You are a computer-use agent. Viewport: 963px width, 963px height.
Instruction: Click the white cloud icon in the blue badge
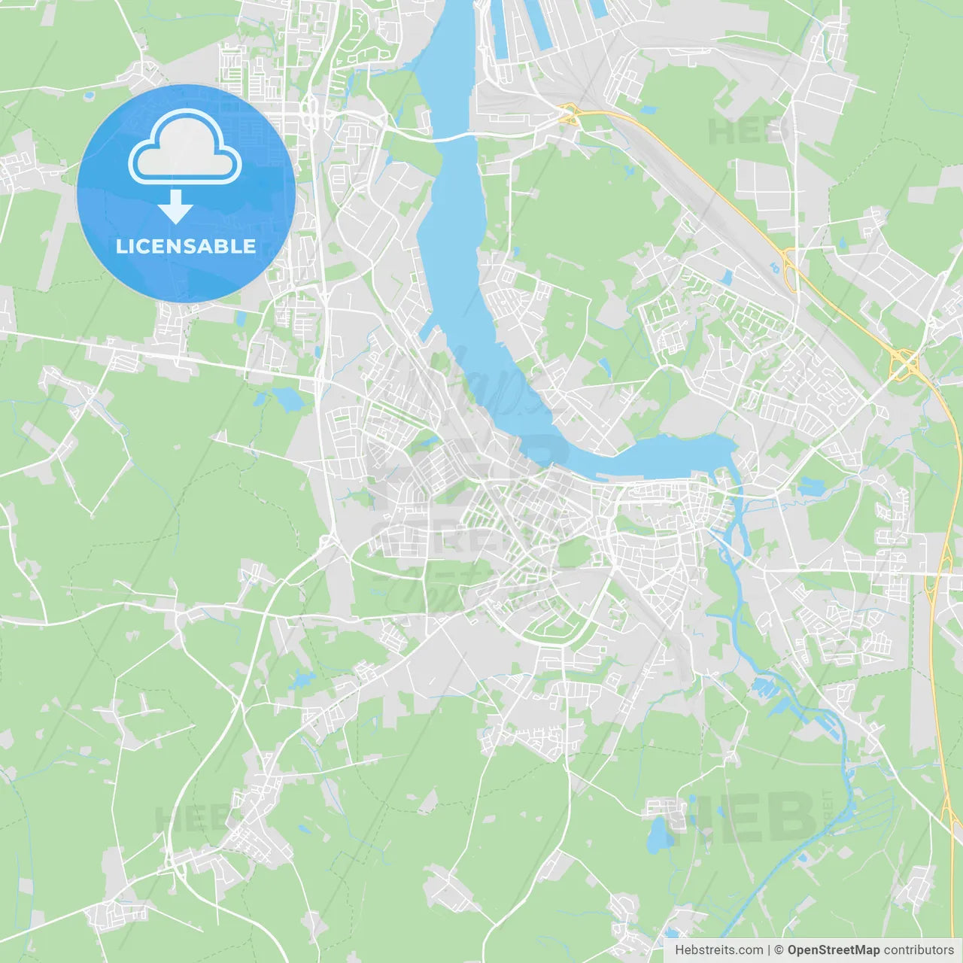185,148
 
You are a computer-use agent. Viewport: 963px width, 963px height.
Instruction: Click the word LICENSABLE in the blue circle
185,246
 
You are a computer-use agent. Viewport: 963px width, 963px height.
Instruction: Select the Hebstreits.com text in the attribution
718,950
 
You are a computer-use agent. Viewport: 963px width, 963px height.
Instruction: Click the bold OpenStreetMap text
833,950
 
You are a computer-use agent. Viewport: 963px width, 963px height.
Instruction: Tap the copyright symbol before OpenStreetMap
779,950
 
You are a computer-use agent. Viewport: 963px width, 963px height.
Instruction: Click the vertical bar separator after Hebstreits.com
768,950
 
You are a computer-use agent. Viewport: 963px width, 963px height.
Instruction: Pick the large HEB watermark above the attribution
741,816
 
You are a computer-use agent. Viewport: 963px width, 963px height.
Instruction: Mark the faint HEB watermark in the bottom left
188,819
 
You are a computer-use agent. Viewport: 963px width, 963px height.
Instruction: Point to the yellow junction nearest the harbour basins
570,114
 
